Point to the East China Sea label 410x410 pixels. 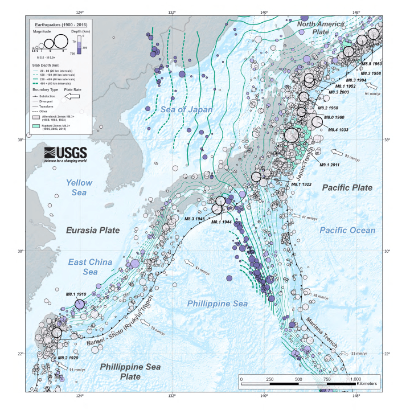(89, 267)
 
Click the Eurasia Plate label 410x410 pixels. (93, 231)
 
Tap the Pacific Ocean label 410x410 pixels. (347, 230)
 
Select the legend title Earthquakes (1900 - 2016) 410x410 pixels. (59, 26)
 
